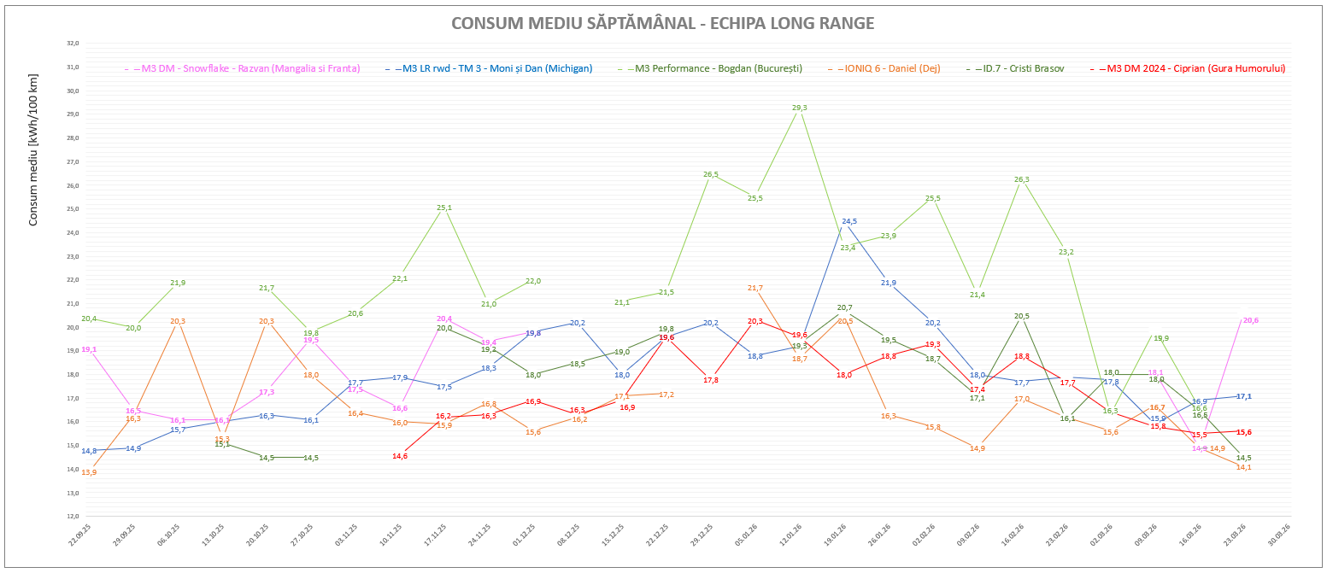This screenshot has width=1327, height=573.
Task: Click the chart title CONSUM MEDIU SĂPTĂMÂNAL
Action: (x=662, y=23)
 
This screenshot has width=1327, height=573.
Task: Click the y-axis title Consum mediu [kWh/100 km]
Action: (x=34, y=150)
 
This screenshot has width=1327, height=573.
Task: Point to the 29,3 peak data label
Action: (x=800, y=108)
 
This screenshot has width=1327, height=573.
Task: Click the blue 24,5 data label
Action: (x=848, y=221)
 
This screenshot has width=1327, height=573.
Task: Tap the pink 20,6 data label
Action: (x=1251, y=320)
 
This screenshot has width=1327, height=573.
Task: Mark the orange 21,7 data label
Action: (x=755, y=288)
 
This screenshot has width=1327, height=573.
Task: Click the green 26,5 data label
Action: (x=711, y=174)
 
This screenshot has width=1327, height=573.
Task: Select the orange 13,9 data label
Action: (x=88, y=472)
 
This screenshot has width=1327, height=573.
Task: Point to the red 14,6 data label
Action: (x=400, y=456)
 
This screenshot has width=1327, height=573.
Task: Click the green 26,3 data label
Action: (x=1021, y=179)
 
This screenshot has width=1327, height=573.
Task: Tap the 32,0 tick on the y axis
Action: (x=73, y=43)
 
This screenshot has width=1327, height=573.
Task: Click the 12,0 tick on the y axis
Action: (x=73, y=516)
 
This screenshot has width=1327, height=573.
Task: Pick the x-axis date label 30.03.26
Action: (x=1278, y=539)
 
